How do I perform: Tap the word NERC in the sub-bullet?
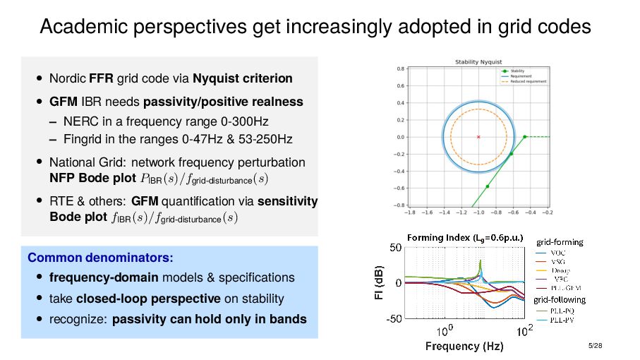[x=78, y=121]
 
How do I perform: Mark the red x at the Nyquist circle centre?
[x=478, y=136]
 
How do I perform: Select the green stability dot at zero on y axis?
[x=525, y=136]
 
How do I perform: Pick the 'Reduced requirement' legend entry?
[x=529, y=81]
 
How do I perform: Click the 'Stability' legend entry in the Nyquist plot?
[x=517, y=71]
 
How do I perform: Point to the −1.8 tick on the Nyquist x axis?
[x=409, y=210]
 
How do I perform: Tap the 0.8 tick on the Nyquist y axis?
[x=400, y=69]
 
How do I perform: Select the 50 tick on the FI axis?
[x=396, y=248]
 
